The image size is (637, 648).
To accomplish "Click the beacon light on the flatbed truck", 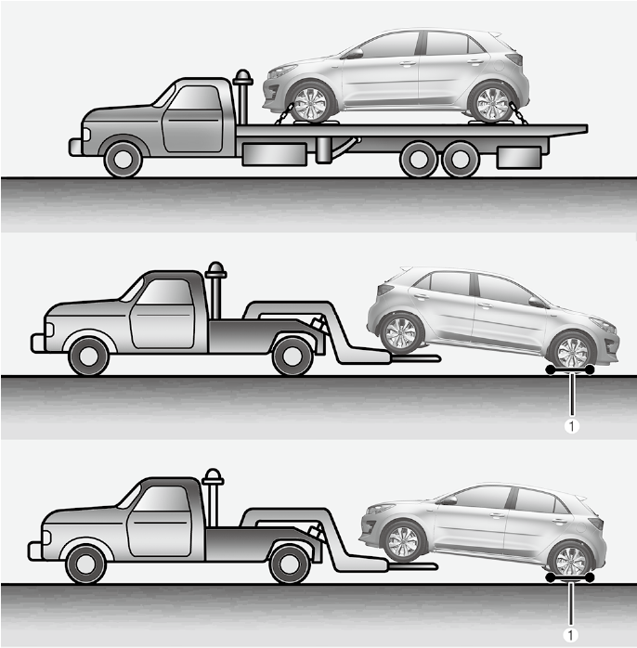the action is tap(242, 77).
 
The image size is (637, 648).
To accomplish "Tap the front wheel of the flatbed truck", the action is tap(123, 160).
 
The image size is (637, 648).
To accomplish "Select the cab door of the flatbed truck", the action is tap(192, 119).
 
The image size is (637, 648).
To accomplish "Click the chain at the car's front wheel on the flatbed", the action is tap(284, 113).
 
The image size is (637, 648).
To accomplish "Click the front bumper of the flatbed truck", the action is tap(75, 147).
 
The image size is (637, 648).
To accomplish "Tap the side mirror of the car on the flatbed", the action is tap(355, 54).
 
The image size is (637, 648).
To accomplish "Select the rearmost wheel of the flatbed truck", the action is tap(460, 159).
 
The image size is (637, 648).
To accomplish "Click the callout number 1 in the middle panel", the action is tap(572, 426).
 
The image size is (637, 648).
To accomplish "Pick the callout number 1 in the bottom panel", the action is tap(570, 634).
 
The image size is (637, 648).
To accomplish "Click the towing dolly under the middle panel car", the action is tap(570, 369).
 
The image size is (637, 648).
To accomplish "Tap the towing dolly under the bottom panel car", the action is tap(570, 577).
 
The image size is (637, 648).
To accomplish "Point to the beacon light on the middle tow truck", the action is tap(215, 269).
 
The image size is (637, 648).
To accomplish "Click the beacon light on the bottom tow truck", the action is tap(214, 477).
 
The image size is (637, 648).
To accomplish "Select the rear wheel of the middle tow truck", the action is tap(292, 356).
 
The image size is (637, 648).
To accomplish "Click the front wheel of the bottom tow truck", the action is tap(86, 564).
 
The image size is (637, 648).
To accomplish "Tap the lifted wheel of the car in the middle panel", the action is tap(401, 333).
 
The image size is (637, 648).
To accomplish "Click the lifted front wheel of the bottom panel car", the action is tap(403, 541).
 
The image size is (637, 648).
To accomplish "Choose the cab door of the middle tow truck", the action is tap(162, 313).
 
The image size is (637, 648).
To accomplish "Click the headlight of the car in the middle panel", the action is tap(604, 325).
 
